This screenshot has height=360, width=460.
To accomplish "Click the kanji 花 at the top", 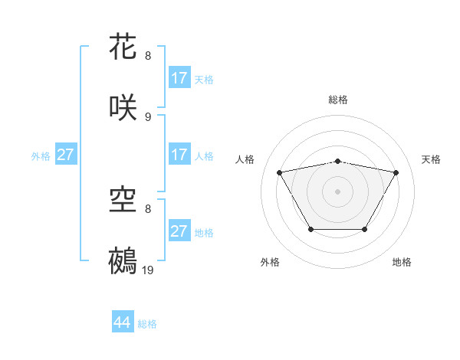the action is point(123,46).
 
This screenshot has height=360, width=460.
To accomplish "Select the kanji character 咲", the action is point(123,106).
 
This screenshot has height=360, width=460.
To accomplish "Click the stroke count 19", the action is point(149,270).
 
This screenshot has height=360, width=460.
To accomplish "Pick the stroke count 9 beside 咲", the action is point(148,116).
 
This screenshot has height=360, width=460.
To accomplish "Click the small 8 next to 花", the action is point(148,55).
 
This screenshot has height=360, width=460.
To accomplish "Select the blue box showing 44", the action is point(122,322).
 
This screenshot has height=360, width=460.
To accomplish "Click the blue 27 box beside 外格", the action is point(65,155).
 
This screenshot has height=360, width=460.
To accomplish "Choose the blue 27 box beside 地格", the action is point(179,231).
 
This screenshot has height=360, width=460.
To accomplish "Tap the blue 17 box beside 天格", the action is point(179,78).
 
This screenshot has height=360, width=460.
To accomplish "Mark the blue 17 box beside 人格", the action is point(179,155).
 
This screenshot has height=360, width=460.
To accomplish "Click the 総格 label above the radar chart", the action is point(338,100).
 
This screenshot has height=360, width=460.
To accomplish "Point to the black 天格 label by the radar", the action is point(432,159).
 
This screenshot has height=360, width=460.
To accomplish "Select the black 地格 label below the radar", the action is point(402,262).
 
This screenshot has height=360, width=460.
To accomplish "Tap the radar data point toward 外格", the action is point(310,229).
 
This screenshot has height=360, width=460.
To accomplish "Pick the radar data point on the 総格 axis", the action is point(338,162).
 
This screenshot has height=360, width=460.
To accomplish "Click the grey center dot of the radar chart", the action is point(338,191).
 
